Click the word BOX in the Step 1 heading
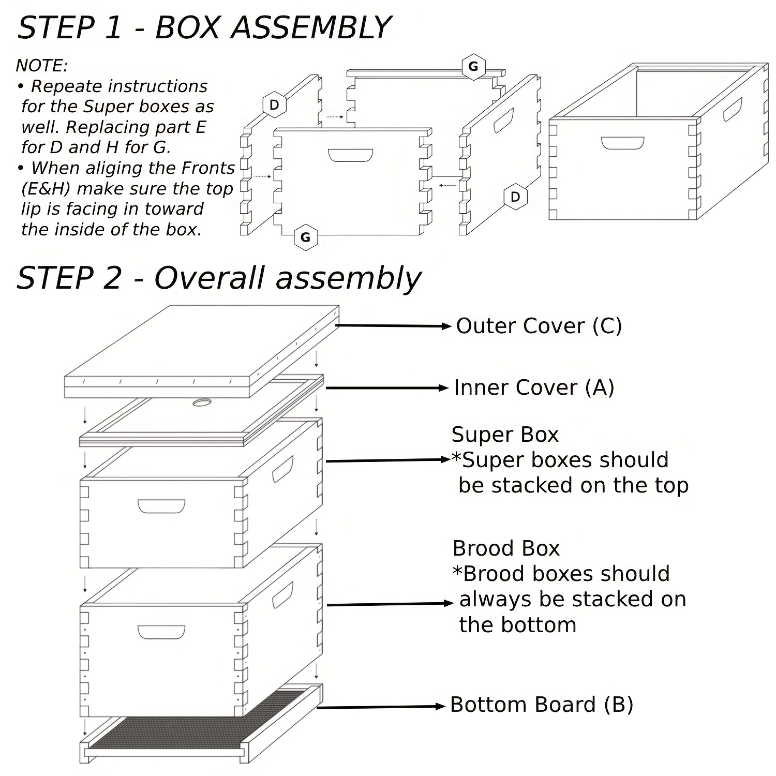[187, 28]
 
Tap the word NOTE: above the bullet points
[42, 66]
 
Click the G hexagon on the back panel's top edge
[473, 66]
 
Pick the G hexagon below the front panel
[305, 237]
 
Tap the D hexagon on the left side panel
[274, 105]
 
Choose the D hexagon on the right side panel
[515, 197]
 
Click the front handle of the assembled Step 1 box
[623, 143]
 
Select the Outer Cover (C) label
[539, 326]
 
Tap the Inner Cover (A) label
[534, 387]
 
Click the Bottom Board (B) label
[542, 705]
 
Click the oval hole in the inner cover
[202, 402]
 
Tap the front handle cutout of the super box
[161, 506]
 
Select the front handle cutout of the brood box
[161, 632]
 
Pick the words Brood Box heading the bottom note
[506, 548]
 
